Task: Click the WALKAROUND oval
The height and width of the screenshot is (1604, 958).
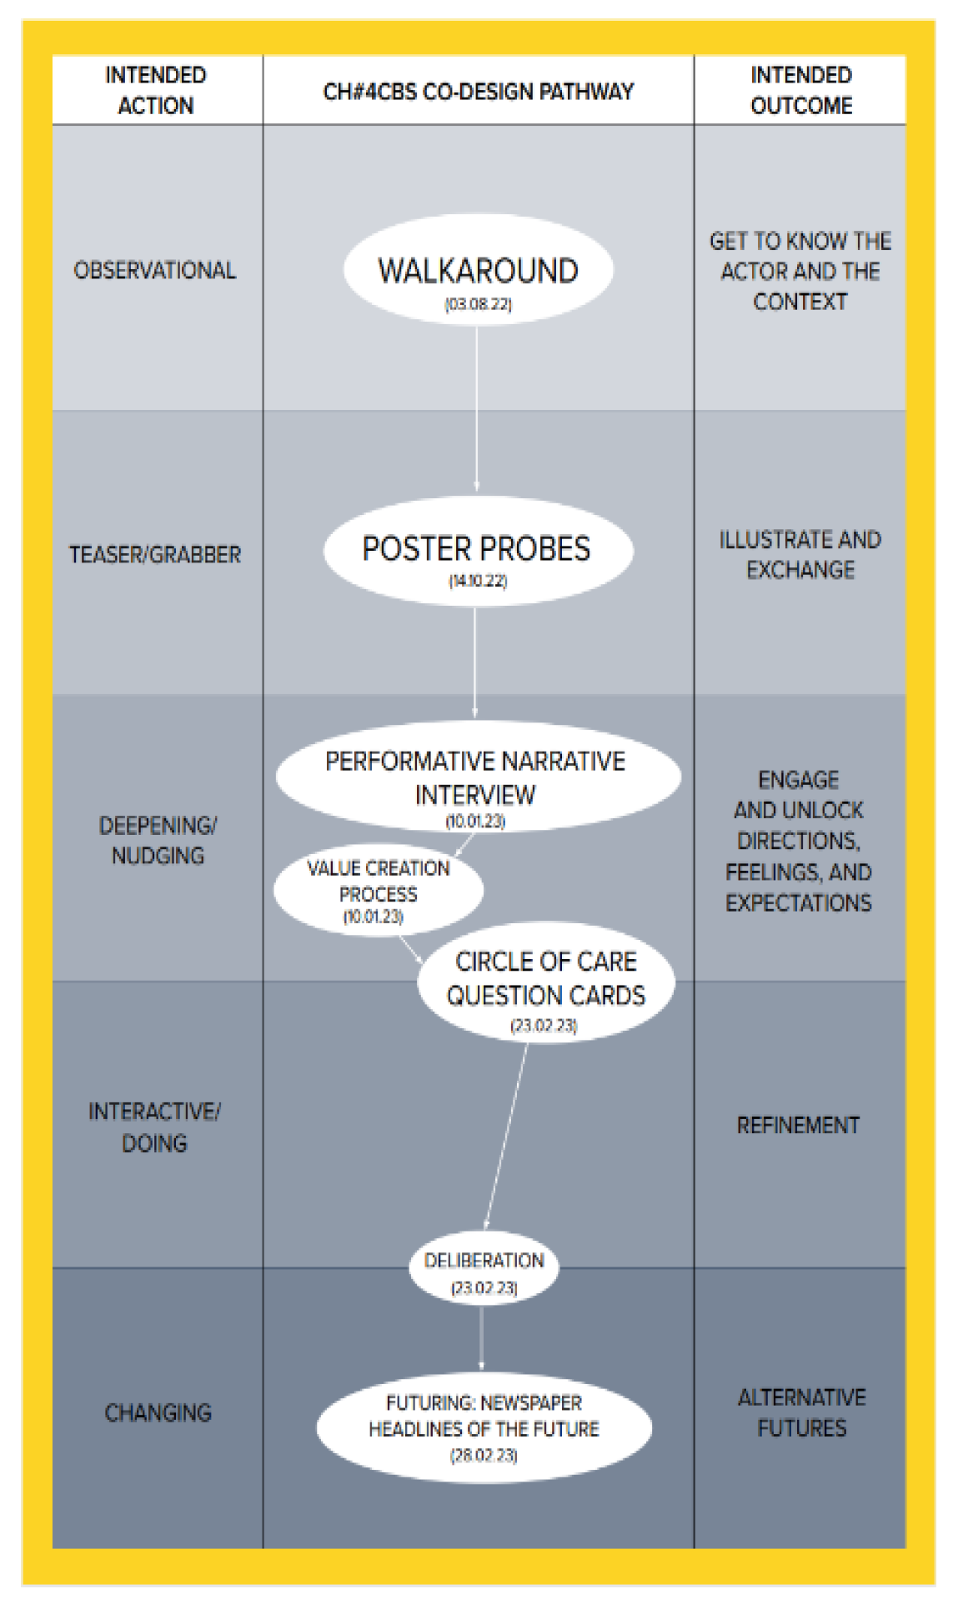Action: tap(478, 270)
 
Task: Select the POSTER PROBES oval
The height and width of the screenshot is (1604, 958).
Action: tap(477, 549)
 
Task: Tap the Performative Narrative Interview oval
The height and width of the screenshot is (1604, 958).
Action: tap(477, 776)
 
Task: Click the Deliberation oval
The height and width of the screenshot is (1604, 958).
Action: tap(484, 1267)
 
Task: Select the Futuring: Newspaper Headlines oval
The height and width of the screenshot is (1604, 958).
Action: tap(484, 1427)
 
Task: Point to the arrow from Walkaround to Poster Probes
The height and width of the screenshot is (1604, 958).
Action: tap(477, 408)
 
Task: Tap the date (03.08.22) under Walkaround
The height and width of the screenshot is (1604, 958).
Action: tap(478, 304)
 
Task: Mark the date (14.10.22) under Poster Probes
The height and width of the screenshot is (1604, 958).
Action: tap(478, 581)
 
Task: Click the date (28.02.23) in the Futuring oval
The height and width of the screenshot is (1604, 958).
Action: tap(484, 1456)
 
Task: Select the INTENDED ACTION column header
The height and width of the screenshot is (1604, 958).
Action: tap(156, 90)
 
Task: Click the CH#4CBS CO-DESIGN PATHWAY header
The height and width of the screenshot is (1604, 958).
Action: tap(478, 91)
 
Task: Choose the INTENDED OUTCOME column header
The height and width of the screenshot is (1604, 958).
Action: tap(800, 90)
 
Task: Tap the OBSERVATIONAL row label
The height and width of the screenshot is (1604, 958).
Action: tap(155, 270)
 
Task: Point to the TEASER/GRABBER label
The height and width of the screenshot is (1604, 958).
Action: tap(155, 554)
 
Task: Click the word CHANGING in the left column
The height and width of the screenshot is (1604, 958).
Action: tap(158, 1412)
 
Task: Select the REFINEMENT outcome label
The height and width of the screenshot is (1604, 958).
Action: tap(798, 1125)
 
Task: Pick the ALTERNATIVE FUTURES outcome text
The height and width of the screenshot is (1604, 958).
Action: tap(801, 1412)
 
